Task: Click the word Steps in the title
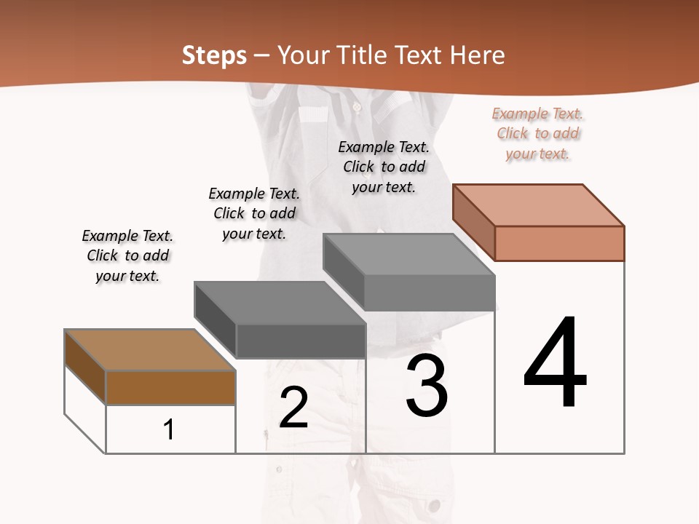tap(214, 55)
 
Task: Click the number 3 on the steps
tap(427, 385)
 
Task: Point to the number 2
tap(293, 407)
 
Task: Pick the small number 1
tap(169, 429)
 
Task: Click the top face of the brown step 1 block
tap(150, 350)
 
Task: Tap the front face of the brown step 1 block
tap(170, 387)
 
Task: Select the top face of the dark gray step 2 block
tap(280, 303)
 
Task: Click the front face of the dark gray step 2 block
tap(300, 341)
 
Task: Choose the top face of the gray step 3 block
tap(408, 255)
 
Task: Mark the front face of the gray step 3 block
tap(429, 293)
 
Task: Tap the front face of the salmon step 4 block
tap(558, 243)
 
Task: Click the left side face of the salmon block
tap(474, 222)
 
